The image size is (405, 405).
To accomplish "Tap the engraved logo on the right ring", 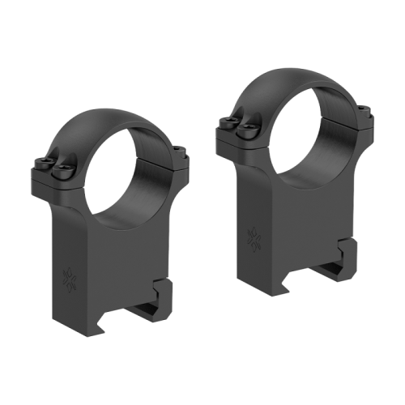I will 254,237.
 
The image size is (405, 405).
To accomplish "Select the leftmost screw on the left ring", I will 43,165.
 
